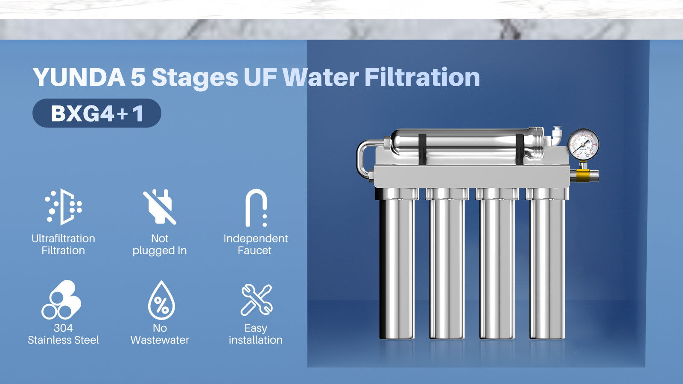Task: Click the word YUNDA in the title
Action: click(x=79, y=78)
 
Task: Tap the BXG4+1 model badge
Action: click(x=97, y=113)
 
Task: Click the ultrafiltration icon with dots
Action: click(x=64, y=207)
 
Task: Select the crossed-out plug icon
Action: click(x=160, y=207)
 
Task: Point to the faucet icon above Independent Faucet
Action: click(x=256, y=207)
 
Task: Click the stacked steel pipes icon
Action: click(x=61, y=300)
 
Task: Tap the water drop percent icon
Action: click(x=161, y=300)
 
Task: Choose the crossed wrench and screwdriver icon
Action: click(x=256, y=300)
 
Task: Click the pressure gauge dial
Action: click(x=583, y=145)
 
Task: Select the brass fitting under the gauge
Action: click(x=583, y=175)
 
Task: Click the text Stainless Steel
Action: click(x=63, y=340)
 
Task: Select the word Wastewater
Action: click(x=160, y=340)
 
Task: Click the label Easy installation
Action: click(x=255, y=334)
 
